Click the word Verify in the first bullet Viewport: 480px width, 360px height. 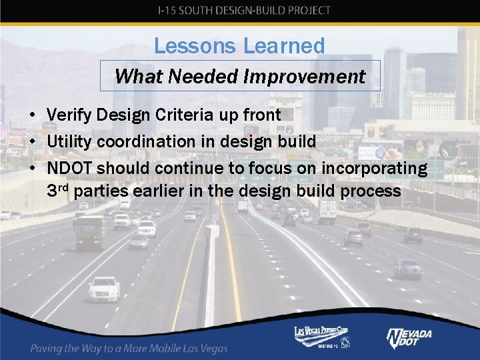point(70,115)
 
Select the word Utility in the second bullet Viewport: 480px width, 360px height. point(69,141)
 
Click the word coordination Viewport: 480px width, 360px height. point(146,141)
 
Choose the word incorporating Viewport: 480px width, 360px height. point(373,168)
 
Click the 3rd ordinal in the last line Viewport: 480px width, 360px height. point(59,191)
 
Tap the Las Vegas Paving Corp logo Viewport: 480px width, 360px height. point(323,337)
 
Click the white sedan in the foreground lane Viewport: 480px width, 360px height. point(103,289)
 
